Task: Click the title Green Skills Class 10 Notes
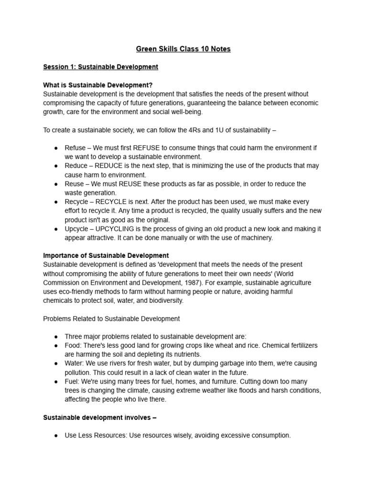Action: [x=183, y=49]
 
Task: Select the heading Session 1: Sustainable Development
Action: [x=100, y=67]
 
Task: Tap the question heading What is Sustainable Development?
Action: [x=97, y=85]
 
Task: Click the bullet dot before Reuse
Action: [x=56, y=184]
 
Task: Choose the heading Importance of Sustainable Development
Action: [x=106, y=255]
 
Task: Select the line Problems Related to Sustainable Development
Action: [x=111, y=319]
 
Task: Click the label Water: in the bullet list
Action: [x=75, y=363]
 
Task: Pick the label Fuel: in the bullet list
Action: [x=73, y=382]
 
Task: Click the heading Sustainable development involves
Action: [x=99, y=417]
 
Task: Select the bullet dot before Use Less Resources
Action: [x=56, y=436]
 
